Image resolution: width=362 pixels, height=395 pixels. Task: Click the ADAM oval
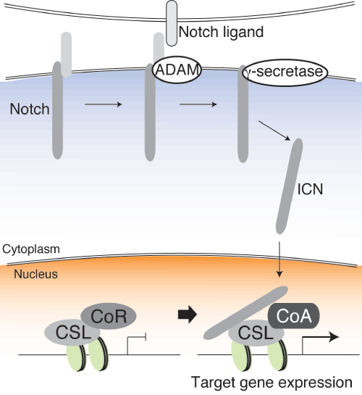[x=177, y=70]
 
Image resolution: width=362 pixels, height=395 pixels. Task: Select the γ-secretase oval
[x=285, y=72]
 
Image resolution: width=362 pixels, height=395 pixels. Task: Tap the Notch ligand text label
[x=221, y=32]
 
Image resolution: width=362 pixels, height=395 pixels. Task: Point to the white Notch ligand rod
[x=172, y=23]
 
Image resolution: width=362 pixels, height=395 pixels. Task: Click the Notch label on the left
[x=30, y=109]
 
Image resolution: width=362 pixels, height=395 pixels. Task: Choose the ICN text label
[x=310, y=189]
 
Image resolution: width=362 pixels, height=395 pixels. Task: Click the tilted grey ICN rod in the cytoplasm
[x=290, y=186]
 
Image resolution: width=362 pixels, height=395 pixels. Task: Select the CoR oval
[x=109, y=316]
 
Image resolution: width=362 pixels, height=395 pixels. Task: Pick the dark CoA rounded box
[x=294, y=316]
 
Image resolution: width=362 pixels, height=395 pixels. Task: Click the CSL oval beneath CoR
[x=72, y=333]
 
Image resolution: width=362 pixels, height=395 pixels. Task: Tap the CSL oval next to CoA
[x=256, y=333]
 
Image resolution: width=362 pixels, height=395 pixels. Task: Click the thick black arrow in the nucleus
[x=188, y=315]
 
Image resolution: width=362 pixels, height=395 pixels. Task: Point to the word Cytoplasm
[x=31, y=249]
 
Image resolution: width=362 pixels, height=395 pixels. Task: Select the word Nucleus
[x=35, y=274]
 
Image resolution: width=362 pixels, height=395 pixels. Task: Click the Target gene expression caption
[x=271, y=383]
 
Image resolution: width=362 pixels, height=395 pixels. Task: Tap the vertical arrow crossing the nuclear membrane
[x=279, y=259]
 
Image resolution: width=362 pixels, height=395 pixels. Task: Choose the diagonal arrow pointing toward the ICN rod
[x=274, y=130]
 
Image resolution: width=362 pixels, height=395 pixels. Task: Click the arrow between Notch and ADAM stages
[x=104, y=104]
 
